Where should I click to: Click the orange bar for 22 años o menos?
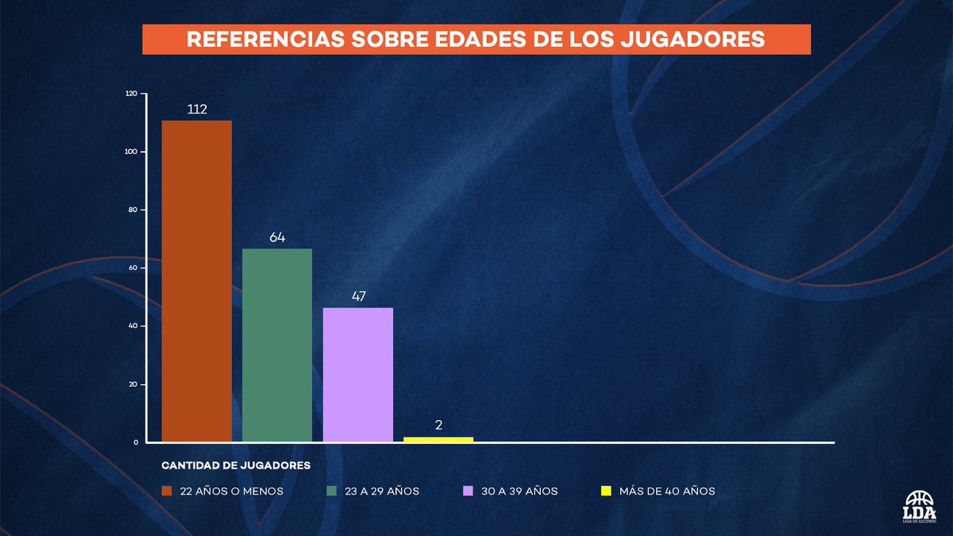[197, 281]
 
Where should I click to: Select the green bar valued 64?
[277, 345]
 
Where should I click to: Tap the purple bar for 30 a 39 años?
[357, 374]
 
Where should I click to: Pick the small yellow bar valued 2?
[438, 439]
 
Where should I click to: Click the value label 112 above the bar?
[197, 109]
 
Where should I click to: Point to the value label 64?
[277, 237]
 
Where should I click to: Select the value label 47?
[357, 296]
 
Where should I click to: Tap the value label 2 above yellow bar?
[438, 425]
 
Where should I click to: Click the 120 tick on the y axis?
[131, 94]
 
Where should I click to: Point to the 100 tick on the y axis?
[131, 152]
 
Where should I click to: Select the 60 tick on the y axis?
[133, 268]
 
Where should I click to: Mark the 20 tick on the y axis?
[133, 384]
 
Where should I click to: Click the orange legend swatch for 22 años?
[167, 492]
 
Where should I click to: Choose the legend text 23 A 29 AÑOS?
[382, 492]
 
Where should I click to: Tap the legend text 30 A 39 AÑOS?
[520, 492]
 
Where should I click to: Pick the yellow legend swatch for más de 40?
[605, 492]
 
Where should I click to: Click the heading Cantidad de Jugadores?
[236, 465]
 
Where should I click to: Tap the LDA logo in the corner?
[920, 507]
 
